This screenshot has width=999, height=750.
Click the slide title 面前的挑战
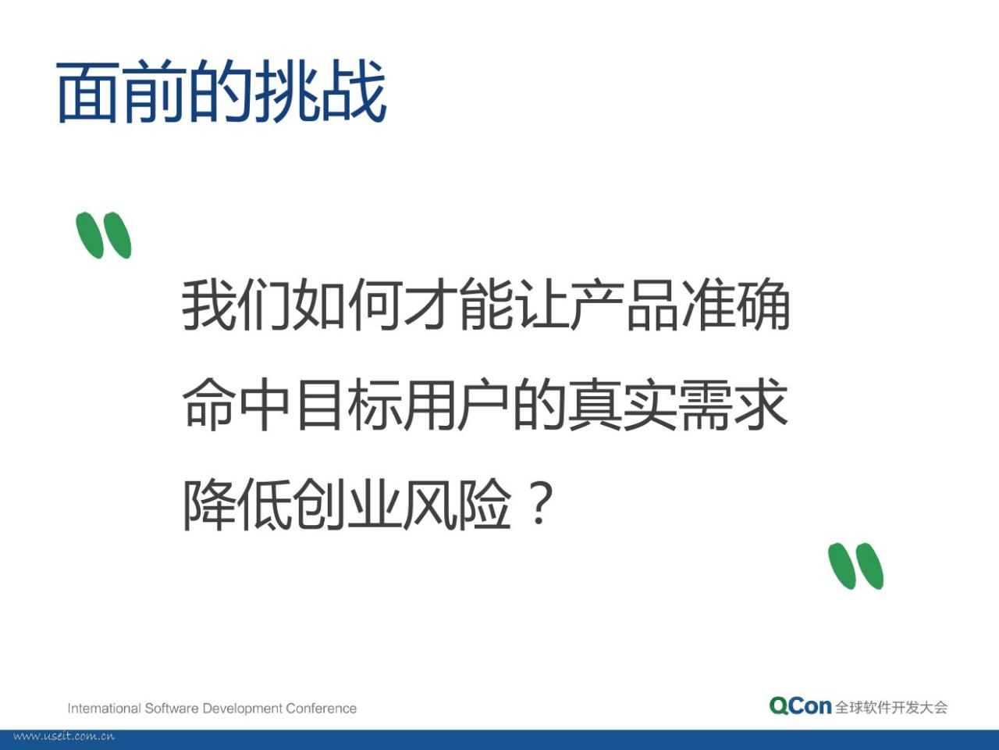click(221, 91)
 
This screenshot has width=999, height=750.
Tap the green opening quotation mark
click(104, 235)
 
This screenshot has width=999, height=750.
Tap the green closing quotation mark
click(855, 566)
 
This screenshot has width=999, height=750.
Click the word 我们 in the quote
click(236, 304)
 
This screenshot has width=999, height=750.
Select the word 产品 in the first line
click(625, 304)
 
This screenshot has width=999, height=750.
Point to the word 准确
click(735, 304)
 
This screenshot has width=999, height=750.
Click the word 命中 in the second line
click(236, 405)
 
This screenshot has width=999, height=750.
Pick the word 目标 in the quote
click(348, 405)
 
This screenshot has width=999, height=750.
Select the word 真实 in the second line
click(623, 405)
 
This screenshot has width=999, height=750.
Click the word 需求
click(734, 405)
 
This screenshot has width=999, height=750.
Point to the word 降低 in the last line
click(236, 505)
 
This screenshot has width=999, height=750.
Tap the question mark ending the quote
click(540, 503)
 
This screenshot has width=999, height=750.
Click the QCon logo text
click(800, 705)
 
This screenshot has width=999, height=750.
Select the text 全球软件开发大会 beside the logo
click(891, 707)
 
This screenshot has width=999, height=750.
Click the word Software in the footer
click(172, 709)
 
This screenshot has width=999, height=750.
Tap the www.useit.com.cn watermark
click(64, 737)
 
